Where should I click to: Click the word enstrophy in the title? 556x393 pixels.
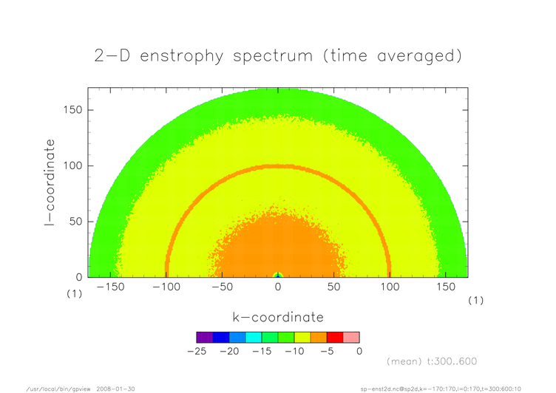[182, 56]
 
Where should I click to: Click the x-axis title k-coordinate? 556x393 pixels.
[278, 317]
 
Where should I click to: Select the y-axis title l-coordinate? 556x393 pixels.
[50, 182]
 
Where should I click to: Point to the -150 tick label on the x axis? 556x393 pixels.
[111, 287]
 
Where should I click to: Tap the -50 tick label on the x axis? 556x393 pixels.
[223, 287]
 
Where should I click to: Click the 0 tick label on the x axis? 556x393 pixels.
[278, 287]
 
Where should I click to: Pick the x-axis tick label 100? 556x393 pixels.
[390, 287]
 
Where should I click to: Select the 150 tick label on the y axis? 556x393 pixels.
[72, 110]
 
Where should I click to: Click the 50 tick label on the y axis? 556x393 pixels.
[76, 222]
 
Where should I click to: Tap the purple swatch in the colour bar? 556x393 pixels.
[205, 338]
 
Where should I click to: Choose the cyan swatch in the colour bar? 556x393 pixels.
[254, 338]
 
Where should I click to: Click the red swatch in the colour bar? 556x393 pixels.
[335, 338]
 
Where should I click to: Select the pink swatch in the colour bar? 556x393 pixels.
[351, 338]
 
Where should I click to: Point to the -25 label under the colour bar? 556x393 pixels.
[197, 351]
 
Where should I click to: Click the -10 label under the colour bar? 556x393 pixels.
[294, 351]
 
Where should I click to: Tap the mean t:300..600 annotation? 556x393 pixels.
[432, 361]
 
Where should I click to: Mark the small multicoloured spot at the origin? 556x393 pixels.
[278, 275]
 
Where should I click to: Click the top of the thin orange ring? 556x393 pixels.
[278, 166]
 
